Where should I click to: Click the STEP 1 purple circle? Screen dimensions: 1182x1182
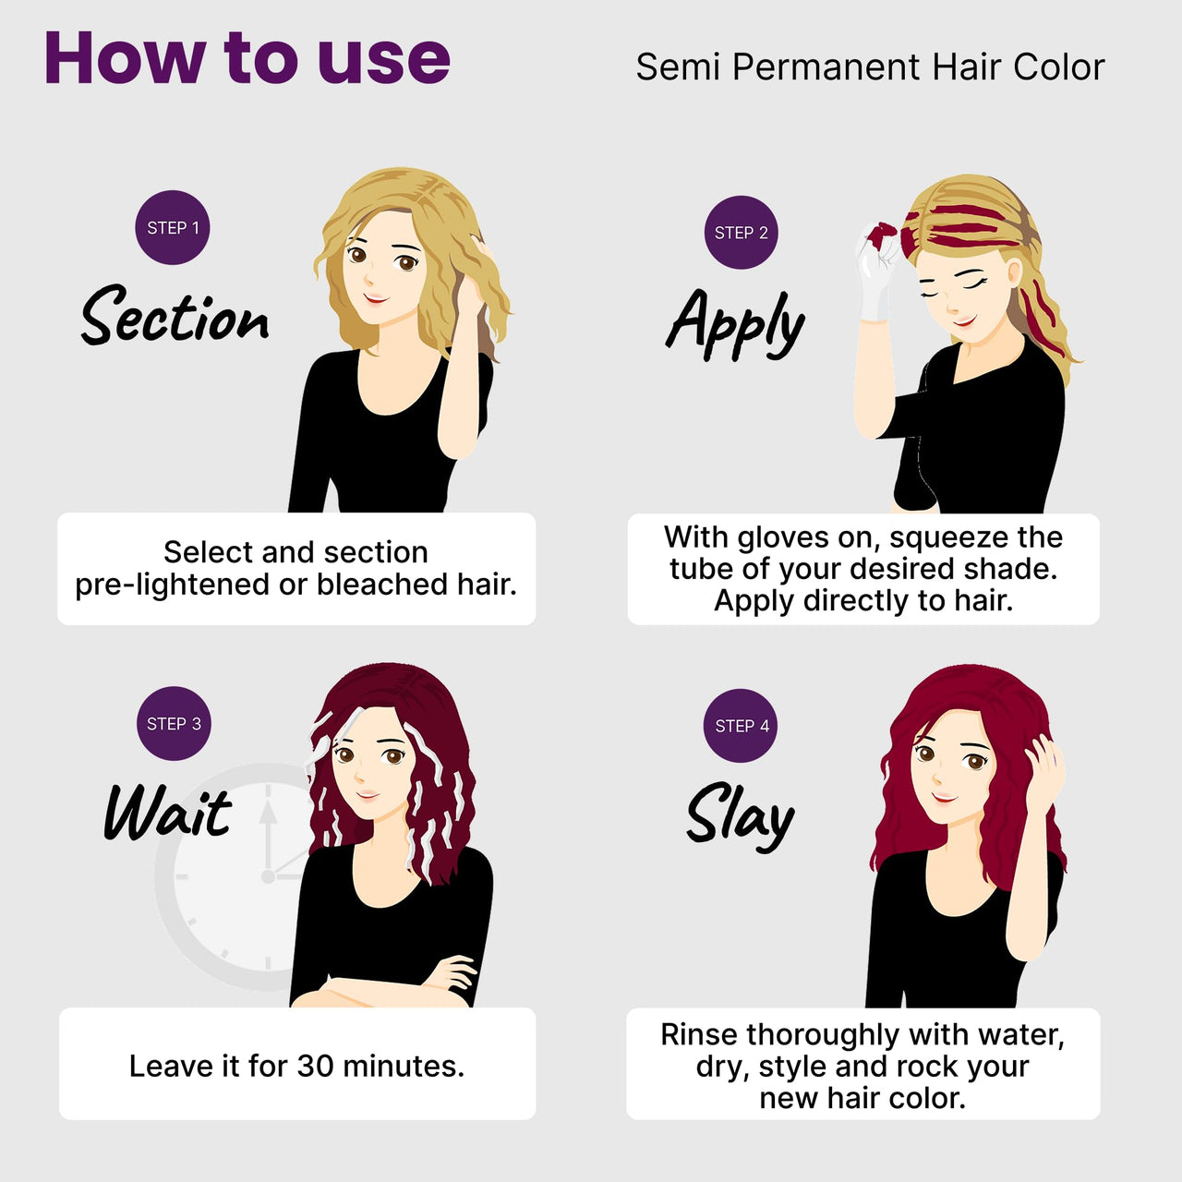click(173, 227)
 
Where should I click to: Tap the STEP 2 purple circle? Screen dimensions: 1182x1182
click(741, 233)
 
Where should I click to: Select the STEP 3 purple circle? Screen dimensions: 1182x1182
click(174, 724)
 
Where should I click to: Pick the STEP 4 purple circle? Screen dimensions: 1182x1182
click(741, 726)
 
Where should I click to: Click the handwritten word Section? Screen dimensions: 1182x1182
click(175, 315)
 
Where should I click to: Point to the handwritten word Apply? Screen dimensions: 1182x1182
click(735, 323)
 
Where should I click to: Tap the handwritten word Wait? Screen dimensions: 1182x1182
click(167, 813)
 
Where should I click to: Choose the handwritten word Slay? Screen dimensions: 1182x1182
click(741, 816)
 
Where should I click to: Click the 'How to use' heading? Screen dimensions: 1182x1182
click(247, 57)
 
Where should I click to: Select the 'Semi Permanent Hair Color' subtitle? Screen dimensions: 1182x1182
click(870, 66)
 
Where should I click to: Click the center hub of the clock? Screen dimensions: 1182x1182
click(268, 876)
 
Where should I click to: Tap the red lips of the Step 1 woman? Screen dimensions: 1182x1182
click(375, 298)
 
